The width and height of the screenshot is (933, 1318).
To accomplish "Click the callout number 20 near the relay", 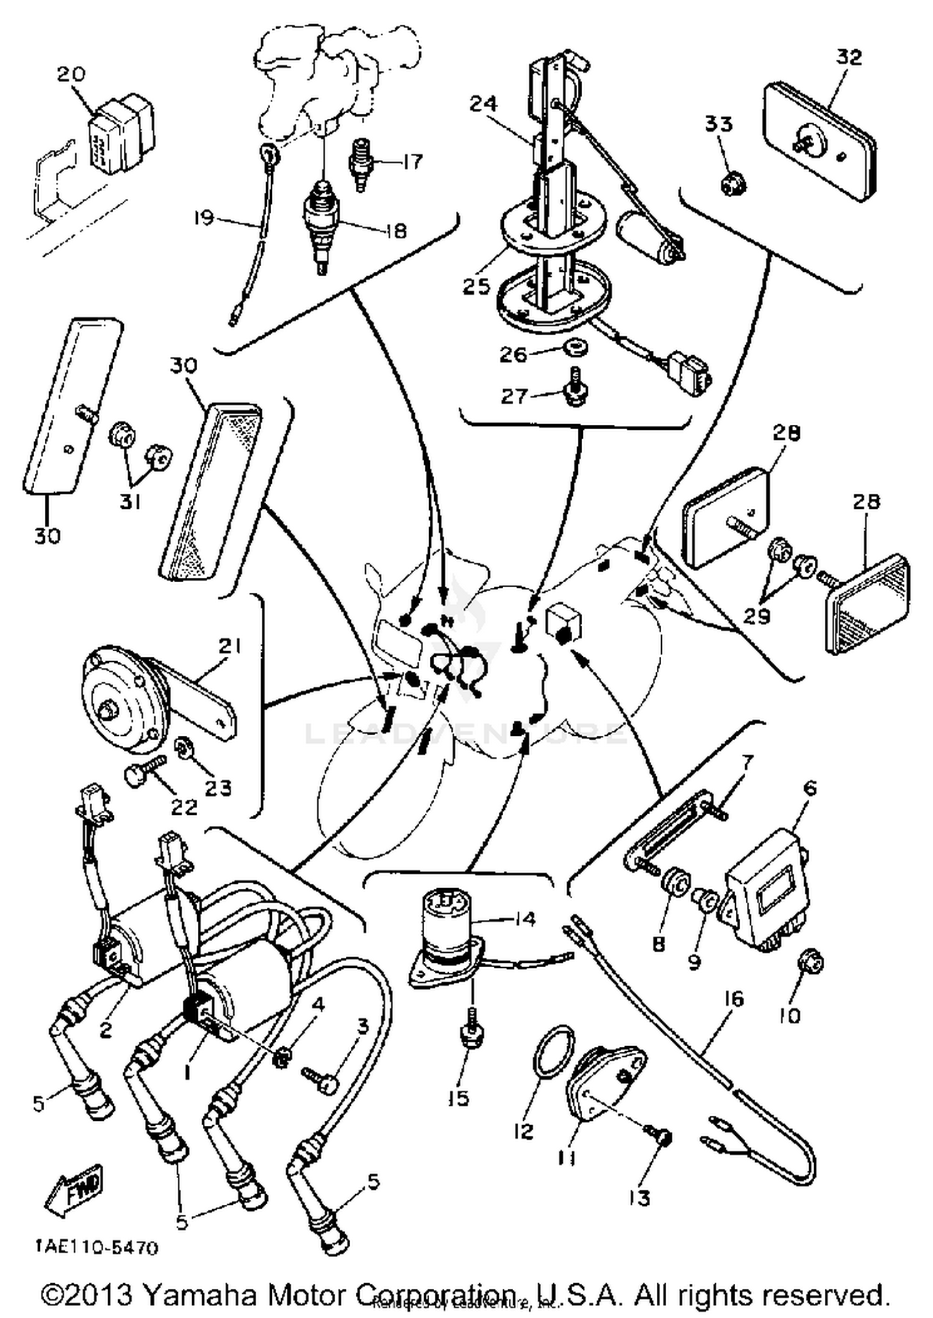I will [x=70, y=74].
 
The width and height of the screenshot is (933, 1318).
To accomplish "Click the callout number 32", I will [x=849, y=57].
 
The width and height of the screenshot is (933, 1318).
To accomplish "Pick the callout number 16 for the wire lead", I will [x=734, y=1000].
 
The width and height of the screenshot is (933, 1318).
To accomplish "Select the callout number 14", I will [x=524, y=919].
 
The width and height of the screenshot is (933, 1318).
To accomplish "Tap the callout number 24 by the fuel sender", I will [x=483, y=103].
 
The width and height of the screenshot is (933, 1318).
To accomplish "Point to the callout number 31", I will [x=130, y=501].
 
